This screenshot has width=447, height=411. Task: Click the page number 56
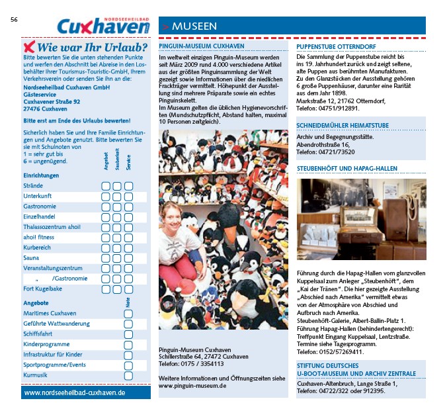[14, 19]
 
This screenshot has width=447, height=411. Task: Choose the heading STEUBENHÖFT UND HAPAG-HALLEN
[346, 169]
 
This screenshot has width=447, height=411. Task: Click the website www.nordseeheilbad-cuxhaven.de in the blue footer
[75, 392]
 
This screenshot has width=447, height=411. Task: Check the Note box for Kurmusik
[128, 375]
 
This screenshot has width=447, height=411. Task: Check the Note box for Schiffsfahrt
[128, 335]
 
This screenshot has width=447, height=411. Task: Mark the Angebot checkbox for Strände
[105, 186]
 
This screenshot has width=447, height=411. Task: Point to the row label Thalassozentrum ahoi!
[52, 227]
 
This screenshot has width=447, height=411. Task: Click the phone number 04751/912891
[339, 108]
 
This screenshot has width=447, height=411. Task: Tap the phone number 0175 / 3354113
[202, 364]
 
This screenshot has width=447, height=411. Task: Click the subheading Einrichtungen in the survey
[41, 175]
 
